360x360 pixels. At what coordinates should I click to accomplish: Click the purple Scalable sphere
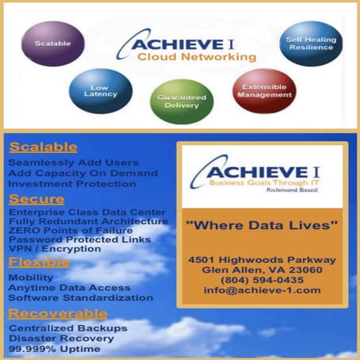tap(53, 42)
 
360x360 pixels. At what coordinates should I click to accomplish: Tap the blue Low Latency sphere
tap(101, 90)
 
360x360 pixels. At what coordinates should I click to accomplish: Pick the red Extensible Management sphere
tap(263, 90)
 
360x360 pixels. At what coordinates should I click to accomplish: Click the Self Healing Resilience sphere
tap(310, 43)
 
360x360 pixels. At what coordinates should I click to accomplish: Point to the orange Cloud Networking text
tap(196, 57)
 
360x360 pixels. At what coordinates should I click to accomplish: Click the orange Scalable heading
tap(43, 147)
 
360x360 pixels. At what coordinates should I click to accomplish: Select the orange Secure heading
tap(36, 198)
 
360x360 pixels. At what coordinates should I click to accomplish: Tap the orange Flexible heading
tap(40, 262)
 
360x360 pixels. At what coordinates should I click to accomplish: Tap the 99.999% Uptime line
tap(54, 348)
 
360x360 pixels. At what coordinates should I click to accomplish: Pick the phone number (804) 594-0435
tap(262, 279)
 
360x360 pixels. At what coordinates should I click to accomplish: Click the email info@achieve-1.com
tap(262, 290)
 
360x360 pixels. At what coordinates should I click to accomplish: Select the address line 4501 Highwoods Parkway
tap(262, 259)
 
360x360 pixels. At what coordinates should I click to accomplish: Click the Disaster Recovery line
tap(62, 338)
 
